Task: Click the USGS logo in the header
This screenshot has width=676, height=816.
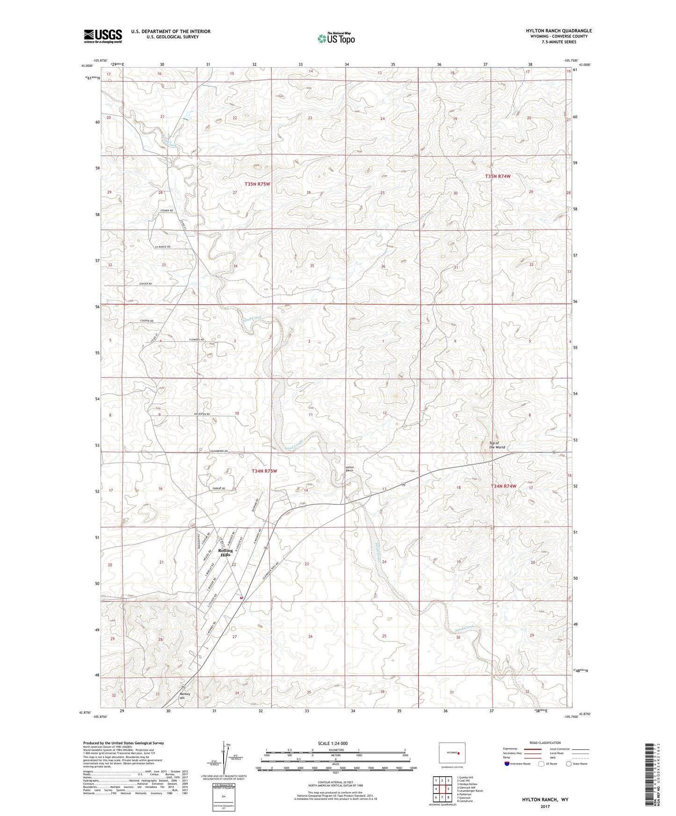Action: (x=102, y=36)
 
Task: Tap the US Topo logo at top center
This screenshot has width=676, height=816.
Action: (x=335, y=38)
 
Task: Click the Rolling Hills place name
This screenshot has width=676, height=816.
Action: (x=225, y=553)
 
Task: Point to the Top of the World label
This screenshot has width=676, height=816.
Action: (x=497, y=445)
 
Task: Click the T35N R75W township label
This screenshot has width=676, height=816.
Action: (x=257, y=184)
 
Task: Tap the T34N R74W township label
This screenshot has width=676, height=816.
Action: (x=503, y=486)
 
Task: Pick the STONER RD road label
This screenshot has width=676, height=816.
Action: (x=167, y=211)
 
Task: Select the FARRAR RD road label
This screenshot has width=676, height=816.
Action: (x=218, y=488)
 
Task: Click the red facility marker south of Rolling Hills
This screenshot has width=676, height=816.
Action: (x=240, y=597)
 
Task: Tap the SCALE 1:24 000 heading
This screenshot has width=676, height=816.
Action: (x=333, y=744)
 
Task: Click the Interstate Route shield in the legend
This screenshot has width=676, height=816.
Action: (x=507, y=764)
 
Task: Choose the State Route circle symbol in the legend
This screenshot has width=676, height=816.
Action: (x=568, y=764)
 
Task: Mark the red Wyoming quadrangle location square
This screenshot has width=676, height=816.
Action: (x=459, y=753)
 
